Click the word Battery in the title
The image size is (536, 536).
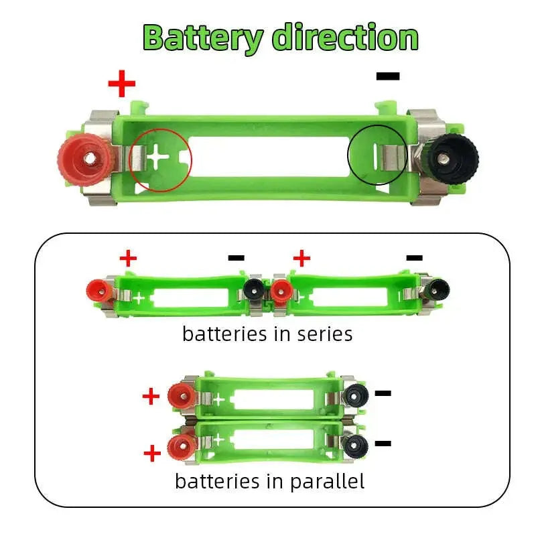[202, 38]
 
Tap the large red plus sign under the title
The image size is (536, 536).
[122, 84]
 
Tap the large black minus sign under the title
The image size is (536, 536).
[388, 76]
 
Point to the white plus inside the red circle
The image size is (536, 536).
[159, 158]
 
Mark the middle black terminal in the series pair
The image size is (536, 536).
[253, 290]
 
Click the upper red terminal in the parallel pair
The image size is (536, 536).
[180, 396]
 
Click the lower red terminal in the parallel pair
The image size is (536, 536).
[179, 446]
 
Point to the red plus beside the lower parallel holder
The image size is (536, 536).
[152, 454]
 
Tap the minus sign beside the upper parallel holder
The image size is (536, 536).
[383, 393]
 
